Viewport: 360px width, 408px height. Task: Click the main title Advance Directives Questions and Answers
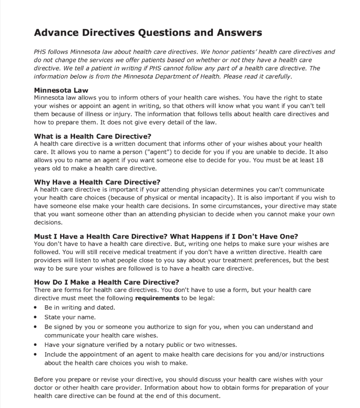click(x=148, y=33)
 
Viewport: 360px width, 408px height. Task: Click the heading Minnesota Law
click(x=61, y=90)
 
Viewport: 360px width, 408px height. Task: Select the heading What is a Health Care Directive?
click(x=92, y=136)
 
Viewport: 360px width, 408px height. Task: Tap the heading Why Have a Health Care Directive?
click(x=97, y=182)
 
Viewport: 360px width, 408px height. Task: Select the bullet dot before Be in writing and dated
click(x=36, y=308)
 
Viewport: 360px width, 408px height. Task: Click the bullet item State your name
click(x=70, y=317)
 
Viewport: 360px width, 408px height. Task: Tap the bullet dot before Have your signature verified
click(x=36, y=345)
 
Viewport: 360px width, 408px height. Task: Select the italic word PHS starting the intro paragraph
click(x=40, y=52)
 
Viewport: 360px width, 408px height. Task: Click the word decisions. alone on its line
click(x=46, y=223)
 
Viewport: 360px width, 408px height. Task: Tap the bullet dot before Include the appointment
click(x=36, y=354)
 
